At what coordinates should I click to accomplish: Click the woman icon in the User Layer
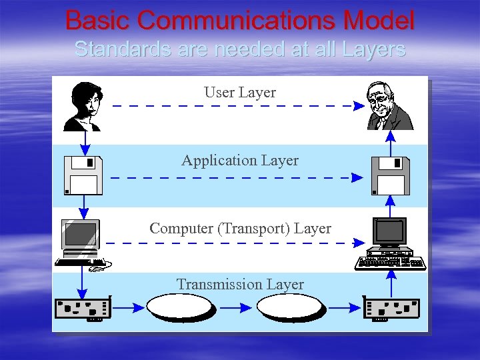83,107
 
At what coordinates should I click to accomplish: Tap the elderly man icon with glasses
390,107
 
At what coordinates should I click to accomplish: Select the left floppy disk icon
83,175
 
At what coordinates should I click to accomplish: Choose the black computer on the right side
391,243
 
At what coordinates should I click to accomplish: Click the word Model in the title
379,21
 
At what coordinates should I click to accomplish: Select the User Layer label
240,92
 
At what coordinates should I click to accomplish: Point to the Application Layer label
240,160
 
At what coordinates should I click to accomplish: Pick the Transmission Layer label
240,284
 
